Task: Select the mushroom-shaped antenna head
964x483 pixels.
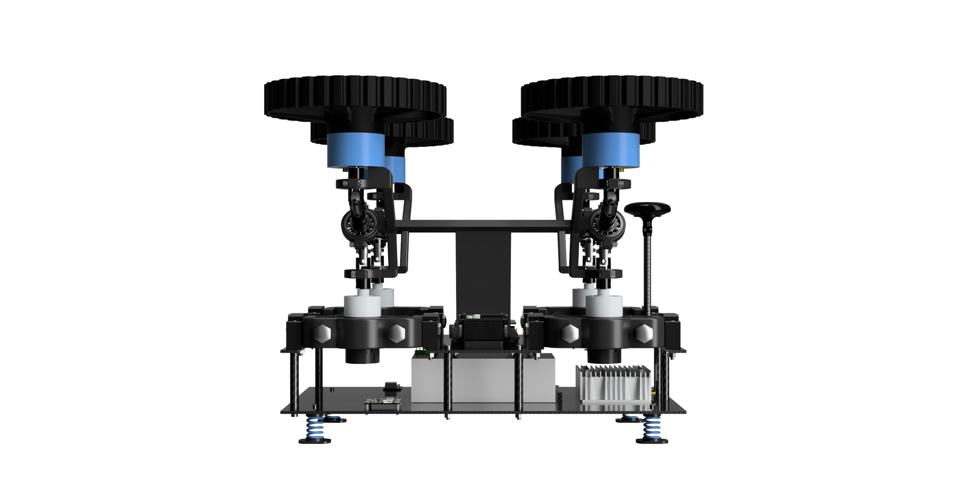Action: click(647, 209)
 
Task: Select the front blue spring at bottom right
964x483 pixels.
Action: click(654, 429)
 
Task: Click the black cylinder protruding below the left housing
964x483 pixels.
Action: click(362, 356)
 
